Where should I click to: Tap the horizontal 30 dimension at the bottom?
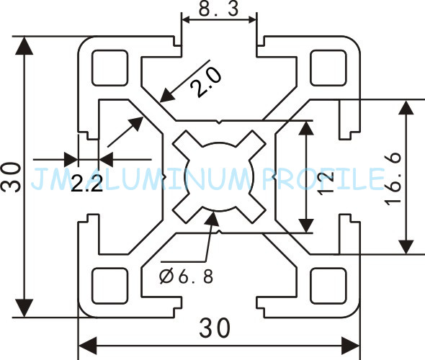(x=215, y=328)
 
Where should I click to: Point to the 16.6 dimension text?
(x=393, y=179)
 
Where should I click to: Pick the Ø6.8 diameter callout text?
(x=186, y=276)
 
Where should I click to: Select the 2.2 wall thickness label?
(x=86, y=184)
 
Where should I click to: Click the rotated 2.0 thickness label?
(x=206, y=81)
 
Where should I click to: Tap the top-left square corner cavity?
(x=109, y=68)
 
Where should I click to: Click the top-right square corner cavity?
(x=328, y=68)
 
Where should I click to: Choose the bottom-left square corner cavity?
(x=109, y=286)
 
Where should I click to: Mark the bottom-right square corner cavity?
(x=328, y=286)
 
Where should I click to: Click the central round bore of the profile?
(x=219, y=176)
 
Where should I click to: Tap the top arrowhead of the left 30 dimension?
(x=24, y=45)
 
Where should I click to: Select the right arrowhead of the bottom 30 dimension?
(x=350, y=346)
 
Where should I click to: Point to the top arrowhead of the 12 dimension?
(x=306, y=128)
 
